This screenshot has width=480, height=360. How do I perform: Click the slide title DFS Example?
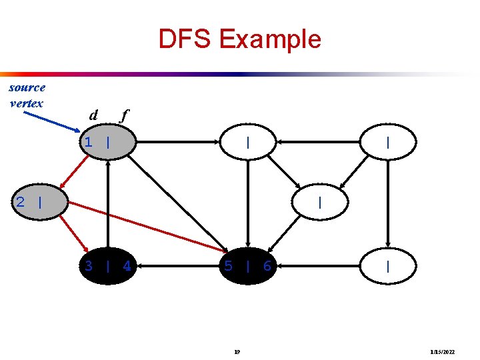coord(239,39)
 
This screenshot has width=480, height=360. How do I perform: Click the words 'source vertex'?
coord(27,95)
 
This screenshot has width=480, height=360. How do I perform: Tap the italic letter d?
coord(94,115)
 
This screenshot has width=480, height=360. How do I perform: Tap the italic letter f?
coord(122,115)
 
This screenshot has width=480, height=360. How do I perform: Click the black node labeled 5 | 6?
coord(247,267)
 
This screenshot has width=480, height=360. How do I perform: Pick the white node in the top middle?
coord(247,142)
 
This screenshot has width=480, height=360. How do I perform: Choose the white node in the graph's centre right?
coord(321,202)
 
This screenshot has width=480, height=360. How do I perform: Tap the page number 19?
coord(237,351)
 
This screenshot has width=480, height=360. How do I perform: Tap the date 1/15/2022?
coord(442,351)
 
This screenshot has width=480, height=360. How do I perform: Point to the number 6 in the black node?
coord(267,267)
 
